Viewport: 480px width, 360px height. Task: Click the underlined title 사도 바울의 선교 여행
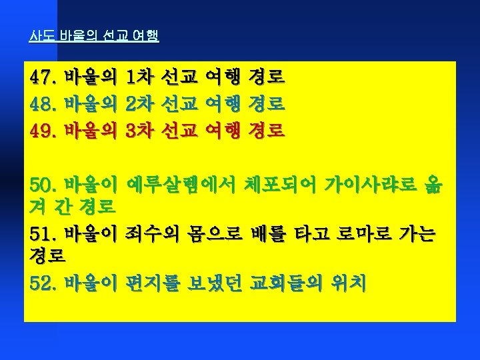point(94,36)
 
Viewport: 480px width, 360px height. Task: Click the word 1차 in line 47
point(139,77)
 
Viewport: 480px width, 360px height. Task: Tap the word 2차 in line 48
point(139,104)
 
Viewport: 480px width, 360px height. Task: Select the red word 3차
point(139,131)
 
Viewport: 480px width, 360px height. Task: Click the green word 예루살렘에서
point(181,185)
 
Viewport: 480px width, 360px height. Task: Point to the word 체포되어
point(280,185)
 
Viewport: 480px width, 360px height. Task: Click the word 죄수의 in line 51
point(152,234)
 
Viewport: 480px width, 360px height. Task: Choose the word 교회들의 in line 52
point(286,283)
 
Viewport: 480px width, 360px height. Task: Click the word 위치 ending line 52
point(349,283)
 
